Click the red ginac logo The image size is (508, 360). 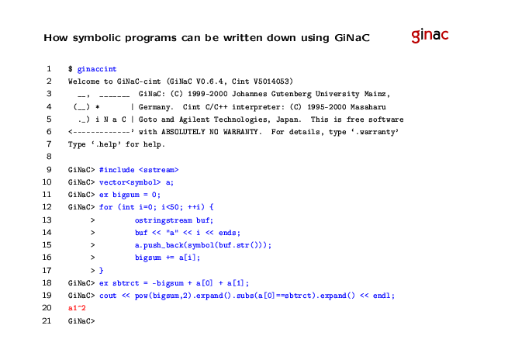[x=430, y=35]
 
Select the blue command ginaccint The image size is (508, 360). [x=97, y=69]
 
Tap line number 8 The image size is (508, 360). [x=49, y=157]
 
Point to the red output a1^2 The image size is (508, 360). [x=77, y=308]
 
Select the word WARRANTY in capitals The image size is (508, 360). [x=242, y=132]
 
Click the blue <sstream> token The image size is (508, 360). [x=159, y=170]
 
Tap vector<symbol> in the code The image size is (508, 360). [x=130, y=182]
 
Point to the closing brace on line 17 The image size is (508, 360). [x=101, y=270]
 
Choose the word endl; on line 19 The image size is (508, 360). [x=384, y=296]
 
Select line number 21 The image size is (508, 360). [x=47, y=320]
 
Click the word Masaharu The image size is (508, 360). [x=368, y=107]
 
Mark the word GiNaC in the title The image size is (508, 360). [x=352, y=38]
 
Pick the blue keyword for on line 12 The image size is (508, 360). [x=105, y=207]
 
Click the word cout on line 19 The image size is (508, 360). [x=108, y=296]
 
